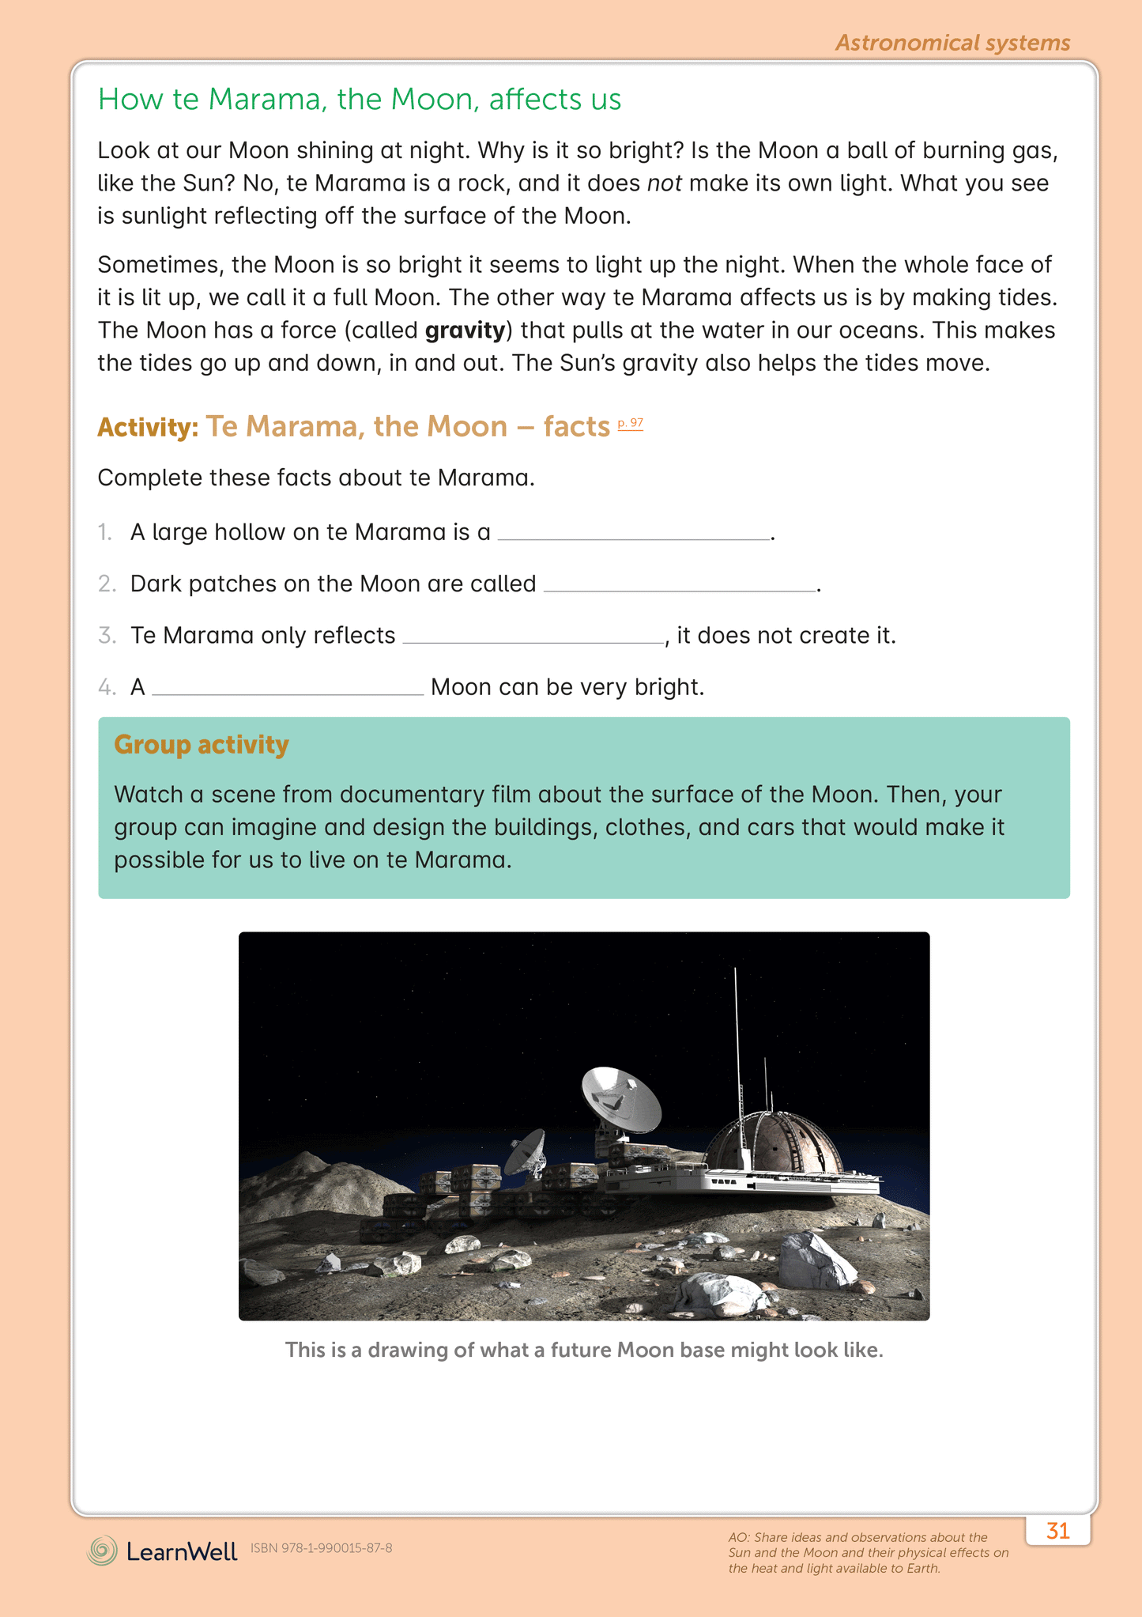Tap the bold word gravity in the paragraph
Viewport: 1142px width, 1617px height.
point(465,330)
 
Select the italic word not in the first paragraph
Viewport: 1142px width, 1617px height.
point(665,183)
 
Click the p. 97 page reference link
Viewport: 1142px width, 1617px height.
point(630,424)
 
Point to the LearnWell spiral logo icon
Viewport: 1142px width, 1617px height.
point(102,1551)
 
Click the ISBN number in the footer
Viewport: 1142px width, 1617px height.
point(321,1548)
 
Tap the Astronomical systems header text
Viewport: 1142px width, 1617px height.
point(952,43)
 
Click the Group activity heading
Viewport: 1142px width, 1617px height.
point(202,745)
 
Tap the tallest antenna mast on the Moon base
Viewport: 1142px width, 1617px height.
point(737,1044)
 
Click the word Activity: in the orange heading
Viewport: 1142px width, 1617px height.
point(148,428)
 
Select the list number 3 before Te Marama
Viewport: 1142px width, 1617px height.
point(107,636)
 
